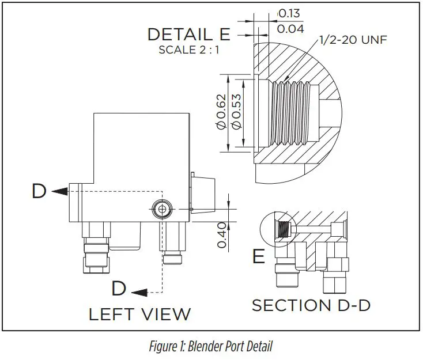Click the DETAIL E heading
coord(188,34)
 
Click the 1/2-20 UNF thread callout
coord(353,40)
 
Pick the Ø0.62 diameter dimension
coord(221,113)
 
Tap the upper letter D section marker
coord(39,191)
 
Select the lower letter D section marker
coord(119,288)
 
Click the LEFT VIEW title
coord(139,314)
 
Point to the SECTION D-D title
coord(311,305)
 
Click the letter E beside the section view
coord(259,256)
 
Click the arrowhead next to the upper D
coord(56,191)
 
